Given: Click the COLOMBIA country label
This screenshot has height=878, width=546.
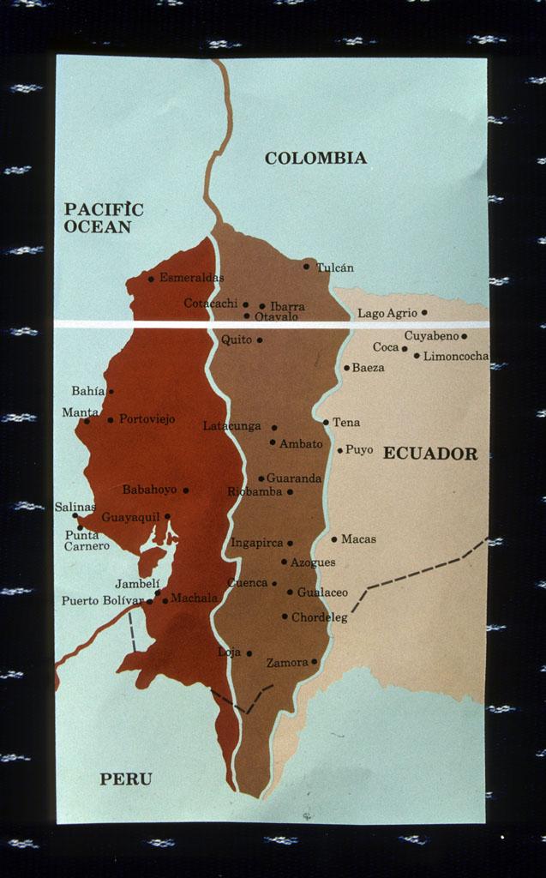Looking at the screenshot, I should [315, 158].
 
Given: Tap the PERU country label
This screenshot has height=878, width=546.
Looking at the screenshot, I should [126, 779].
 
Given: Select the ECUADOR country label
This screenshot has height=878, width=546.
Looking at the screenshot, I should [429, 454].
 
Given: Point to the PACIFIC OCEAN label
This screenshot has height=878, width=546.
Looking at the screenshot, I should [104, 218].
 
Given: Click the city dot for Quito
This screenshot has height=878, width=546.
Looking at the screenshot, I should [260, 340].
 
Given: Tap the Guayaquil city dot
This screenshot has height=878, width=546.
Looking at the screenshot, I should [167, 516].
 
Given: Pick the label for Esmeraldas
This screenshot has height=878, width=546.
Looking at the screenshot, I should [191, 278].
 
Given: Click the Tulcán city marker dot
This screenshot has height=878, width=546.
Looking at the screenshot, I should [306, 266].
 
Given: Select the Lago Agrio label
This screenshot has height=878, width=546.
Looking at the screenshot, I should [387, 313].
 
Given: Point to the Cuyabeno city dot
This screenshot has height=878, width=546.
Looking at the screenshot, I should [465, 336].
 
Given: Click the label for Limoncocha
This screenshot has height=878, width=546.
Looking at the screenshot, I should [456, 356].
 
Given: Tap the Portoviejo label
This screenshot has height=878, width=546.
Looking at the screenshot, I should [147, 419].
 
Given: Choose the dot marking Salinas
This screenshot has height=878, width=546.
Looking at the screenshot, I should [75, 515].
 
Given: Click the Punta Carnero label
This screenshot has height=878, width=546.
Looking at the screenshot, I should [87, 540].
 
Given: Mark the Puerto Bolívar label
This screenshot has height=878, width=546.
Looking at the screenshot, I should [102, 600].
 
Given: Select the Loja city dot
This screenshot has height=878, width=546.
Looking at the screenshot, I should [249, 653].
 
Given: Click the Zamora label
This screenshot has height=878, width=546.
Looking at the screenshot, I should [287, 663].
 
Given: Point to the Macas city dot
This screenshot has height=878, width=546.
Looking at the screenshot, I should [334, 539].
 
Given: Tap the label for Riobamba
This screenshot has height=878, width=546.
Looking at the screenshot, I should [255, 491].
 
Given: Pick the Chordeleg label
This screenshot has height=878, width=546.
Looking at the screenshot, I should [319, 616].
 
